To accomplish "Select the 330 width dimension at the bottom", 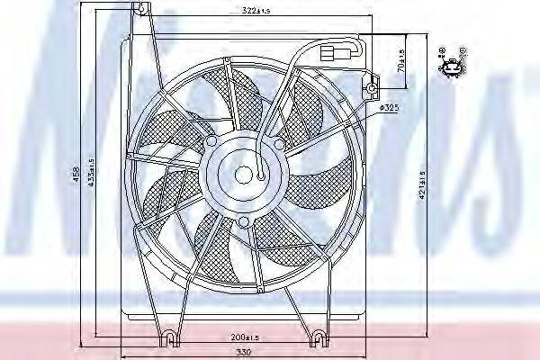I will tap(238, 353).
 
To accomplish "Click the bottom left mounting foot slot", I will tap(168, 338).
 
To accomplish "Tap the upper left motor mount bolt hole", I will tap(211, 142).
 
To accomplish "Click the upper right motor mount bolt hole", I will tap(279, 144).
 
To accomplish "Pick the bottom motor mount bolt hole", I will tap(243, 221).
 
